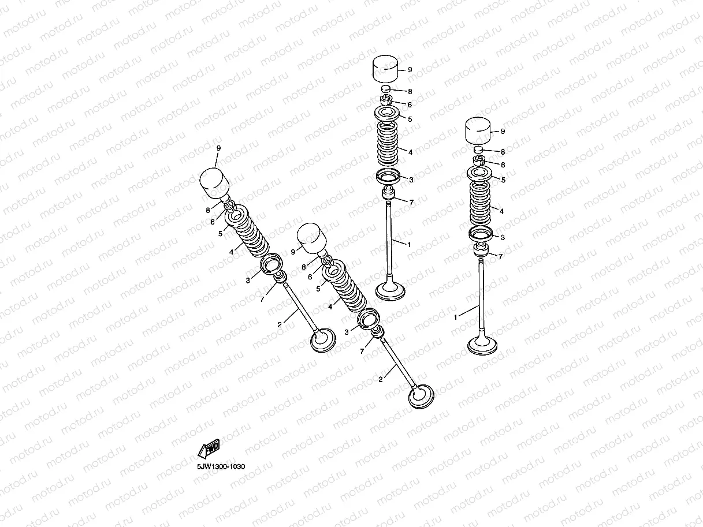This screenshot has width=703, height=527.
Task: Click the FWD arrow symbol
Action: pos(209,448)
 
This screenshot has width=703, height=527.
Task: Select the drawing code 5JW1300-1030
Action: pos(221,466)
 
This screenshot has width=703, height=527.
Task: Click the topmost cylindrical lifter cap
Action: pos(385,69)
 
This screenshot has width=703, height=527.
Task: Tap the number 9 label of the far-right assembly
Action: pos(503,132)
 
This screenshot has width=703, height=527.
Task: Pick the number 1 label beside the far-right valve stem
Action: pos(455,317)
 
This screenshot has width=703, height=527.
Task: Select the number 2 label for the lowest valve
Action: pos(381,379)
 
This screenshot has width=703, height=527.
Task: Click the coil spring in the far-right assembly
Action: pos(482,205)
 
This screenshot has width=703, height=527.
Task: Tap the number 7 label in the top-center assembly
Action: pos(411,203)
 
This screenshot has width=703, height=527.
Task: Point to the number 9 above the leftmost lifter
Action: pos(218,148)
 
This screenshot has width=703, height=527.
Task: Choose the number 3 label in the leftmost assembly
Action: pos(247,280)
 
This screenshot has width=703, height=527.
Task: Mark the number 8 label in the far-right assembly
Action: pos(503,152)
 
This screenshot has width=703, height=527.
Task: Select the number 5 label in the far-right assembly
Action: pos(503,180)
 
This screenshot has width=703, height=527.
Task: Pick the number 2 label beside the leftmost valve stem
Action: pos(280,324)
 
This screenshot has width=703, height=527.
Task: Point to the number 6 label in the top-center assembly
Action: pos(410,105)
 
